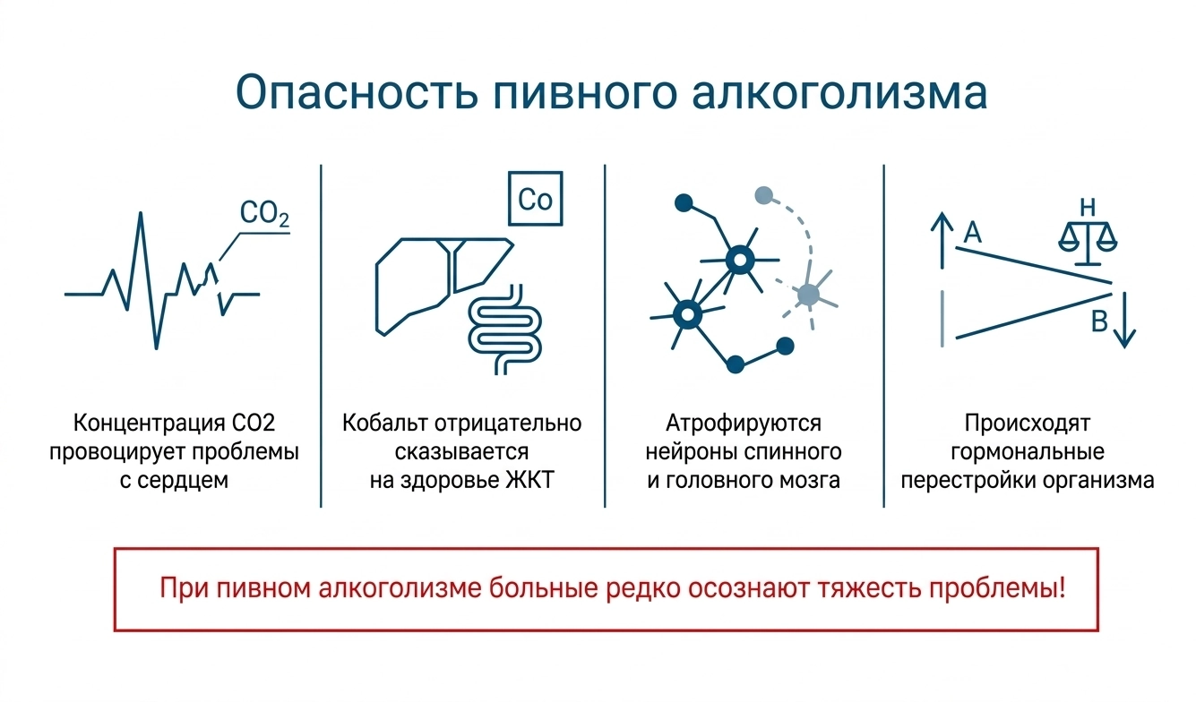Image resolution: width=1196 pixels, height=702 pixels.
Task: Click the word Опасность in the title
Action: tap(357, 93)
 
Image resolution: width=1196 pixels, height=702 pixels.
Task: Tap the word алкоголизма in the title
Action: tap(839, 93)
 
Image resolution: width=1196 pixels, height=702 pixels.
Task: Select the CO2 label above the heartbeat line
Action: tap(264, 213)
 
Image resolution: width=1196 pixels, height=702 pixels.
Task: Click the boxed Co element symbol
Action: tap(535, 199)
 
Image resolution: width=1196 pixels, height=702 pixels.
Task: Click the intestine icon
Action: tap(504, 330)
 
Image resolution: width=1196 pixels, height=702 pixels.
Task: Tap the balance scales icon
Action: tap(1088, 243)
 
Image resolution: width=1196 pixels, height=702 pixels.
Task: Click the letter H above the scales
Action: tap(1088, 207)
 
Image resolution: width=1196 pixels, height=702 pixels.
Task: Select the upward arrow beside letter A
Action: tap(942, 240)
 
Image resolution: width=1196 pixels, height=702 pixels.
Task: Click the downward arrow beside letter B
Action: tap(1124, 321)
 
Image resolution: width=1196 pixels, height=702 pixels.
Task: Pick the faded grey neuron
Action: tap(808, 295)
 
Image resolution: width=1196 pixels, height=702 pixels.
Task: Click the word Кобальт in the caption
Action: tap(385, 423)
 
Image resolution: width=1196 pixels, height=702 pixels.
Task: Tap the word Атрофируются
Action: tap(744, 423)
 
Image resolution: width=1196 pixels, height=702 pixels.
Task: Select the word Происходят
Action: tap(1028, 424)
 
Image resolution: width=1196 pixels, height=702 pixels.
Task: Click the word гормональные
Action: tap(1028, 452)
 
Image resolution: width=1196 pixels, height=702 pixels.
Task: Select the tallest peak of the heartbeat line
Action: tap(141, 213)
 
